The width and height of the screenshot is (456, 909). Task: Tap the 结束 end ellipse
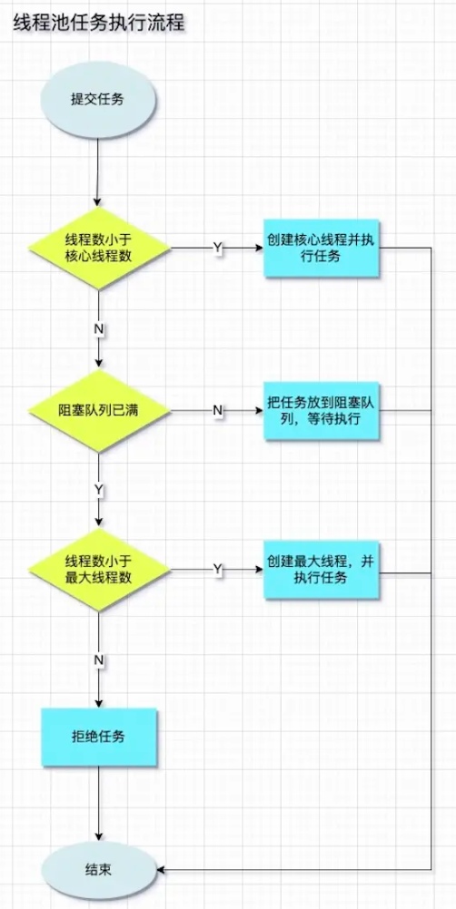tap(99, 870)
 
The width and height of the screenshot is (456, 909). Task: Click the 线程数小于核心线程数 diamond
tap(99, 249)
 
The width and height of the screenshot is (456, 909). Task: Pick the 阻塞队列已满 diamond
tap(99, 410)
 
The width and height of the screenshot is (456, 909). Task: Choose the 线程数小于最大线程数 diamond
tap(99, 571)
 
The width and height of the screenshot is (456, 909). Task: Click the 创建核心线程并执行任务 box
tap(322, 249)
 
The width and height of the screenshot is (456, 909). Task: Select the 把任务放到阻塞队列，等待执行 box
tap(322, 410)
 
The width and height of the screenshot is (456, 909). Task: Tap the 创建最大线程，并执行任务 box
tap(322, 571)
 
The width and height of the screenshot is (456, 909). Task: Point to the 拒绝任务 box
tap(99, 737)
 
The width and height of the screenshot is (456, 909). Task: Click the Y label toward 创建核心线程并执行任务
tap(218, 249)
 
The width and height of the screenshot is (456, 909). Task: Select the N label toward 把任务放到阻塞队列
tap(218, 410)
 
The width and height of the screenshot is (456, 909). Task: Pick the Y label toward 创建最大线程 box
tap(218, 571)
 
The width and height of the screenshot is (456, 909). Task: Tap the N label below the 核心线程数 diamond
tap(99, 328)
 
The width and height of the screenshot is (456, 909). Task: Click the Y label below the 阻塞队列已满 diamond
tap(99, 490)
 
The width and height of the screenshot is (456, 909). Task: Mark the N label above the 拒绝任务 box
tap(99, 660)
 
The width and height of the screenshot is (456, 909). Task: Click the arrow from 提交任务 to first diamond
tap(99, 167)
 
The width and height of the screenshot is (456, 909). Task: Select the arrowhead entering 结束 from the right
tap(162, 870)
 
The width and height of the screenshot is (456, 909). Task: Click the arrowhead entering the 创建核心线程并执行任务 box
tap(259, 249)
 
